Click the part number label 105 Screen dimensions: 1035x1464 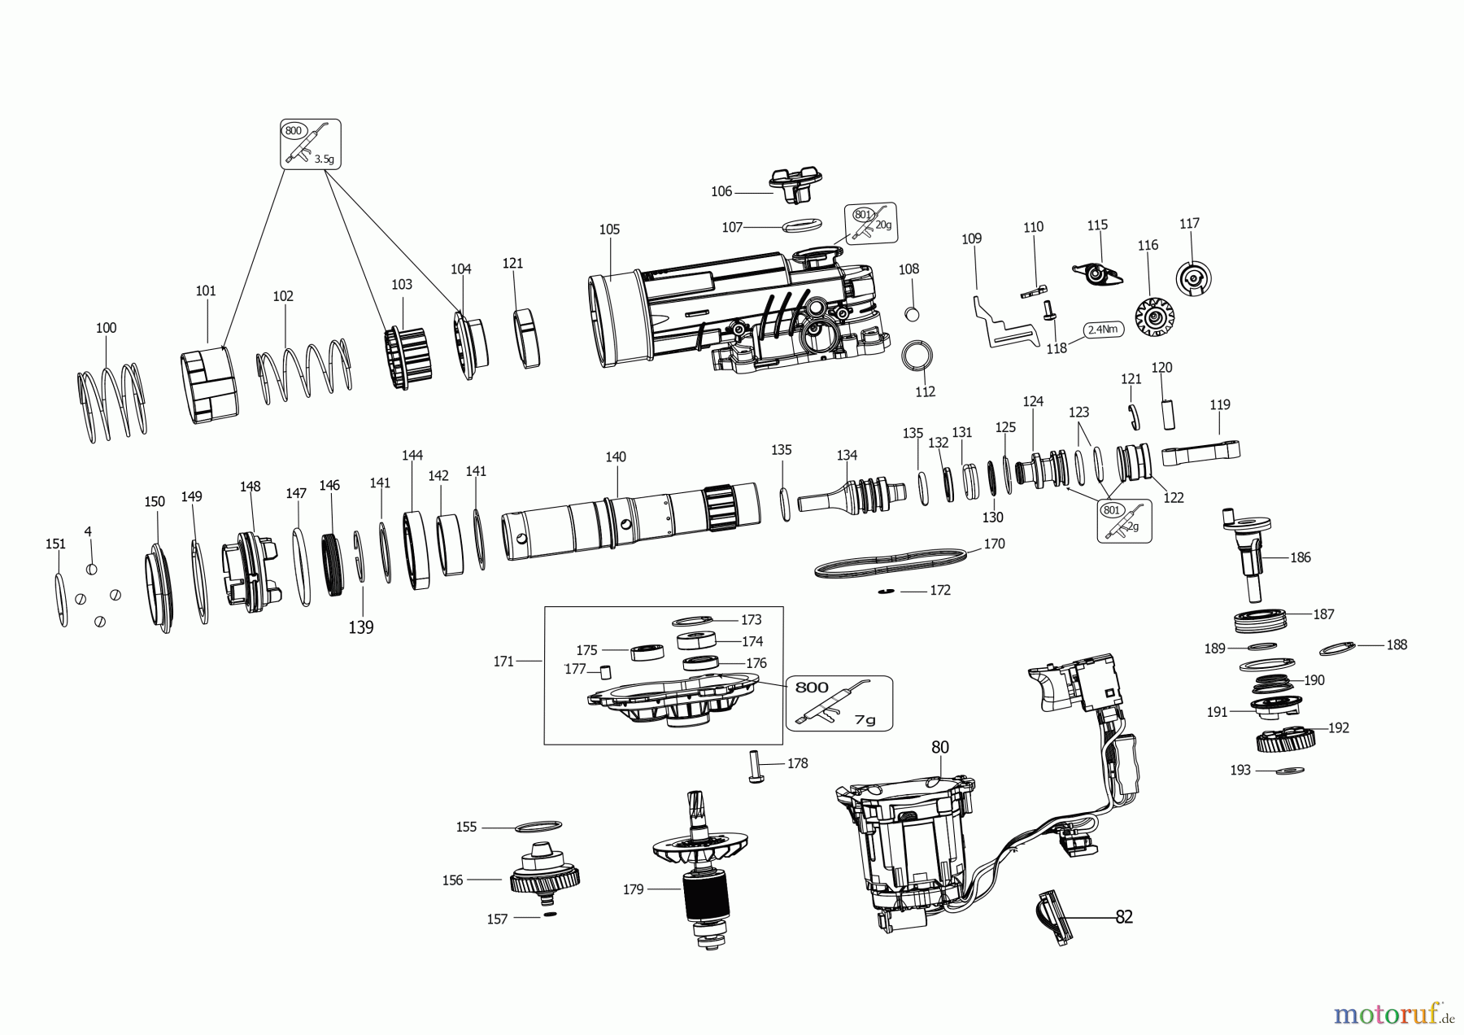609,229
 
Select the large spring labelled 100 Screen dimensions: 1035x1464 112,402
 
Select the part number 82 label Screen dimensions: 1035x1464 1123,917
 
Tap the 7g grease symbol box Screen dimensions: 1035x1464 839,702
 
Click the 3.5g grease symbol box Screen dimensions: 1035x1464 311,144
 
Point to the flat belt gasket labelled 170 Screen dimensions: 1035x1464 891,562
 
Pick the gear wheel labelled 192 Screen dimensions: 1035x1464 1286,741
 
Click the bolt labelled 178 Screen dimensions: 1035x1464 753,767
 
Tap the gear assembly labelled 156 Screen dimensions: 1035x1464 545,877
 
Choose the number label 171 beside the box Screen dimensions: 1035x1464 503,662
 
